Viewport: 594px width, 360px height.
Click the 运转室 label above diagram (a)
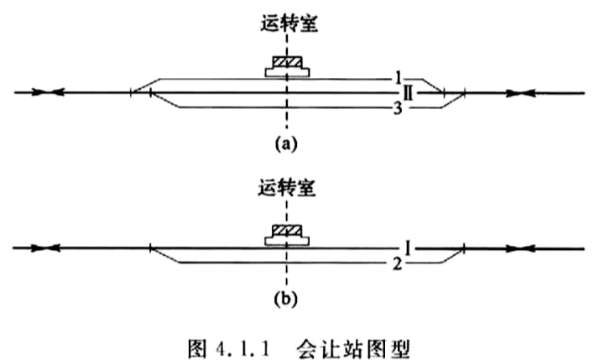[289, 23]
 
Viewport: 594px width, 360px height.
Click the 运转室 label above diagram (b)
[287, 188]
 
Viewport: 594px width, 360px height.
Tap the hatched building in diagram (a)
[288, 62]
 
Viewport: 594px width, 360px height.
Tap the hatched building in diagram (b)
[287, 231]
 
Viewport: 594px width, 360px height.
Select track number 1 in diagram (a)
[398, 78]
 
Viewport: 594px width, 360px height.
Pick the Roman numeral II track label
[408, 93]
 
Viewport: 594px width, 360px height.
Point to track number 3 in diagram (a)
[398, 109]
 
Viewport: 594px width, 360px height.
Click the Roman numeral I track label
[408, 248]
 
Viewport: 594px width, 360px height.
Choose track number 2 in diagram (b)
[397, 264]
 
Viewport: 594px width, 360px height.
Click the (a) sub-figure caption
[286, 144]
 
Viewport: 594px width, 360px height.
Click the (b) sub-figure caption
[285, 299]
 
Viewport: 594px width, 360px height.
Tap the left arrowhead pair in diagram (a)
[48, 92]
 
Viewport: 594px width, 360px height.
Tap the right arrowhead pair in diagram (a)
[521, 93]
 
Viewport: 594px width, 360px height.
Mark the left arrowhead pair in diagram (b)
[45, 248]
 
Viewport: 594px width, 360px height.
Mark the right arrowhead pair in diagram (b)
[521, 249]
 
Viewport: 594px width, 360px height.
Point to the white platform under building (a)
[287, 72]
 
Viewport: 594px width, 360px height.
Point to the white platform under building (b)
[287, 241]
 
